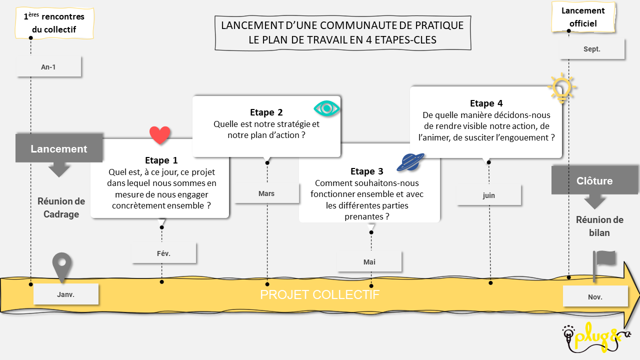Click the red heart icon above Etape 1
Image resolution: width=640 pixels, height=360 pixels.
160,135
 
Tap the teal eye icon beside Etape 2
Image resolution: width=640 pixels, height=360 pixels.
326,108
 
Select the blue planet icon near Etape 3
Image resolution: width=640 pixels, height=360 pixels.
410,162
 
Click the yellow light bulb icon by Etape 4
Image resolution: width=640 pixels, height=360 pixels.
561,88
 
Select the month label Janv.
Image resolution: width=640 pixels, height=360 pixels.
65,294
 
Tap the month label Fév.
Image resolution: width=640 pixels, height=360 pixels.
163,253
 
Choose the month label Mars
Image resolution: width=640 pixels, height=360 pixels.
266,193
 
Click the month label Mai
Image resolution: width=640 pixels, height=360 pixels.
369,262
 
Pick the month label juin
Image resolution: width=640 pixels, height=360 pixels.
489,195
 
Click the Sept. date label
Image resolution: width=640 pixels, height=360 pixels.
592,49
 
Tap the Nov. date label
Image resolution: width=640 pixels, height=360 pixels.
595,297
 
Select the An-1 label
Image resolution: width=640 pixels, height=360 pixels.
48,67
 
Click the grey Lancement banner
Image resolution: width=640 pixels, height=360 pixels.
59,148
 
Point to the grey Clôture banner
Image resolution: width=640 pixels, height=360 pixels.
594,181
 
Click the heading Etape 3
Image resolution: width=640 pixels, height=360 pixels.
367,171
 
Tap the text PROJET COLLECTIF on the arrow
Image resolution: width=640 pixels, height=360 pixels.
319,295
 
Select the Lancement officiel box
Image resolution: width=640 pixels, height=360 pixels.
583,17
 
